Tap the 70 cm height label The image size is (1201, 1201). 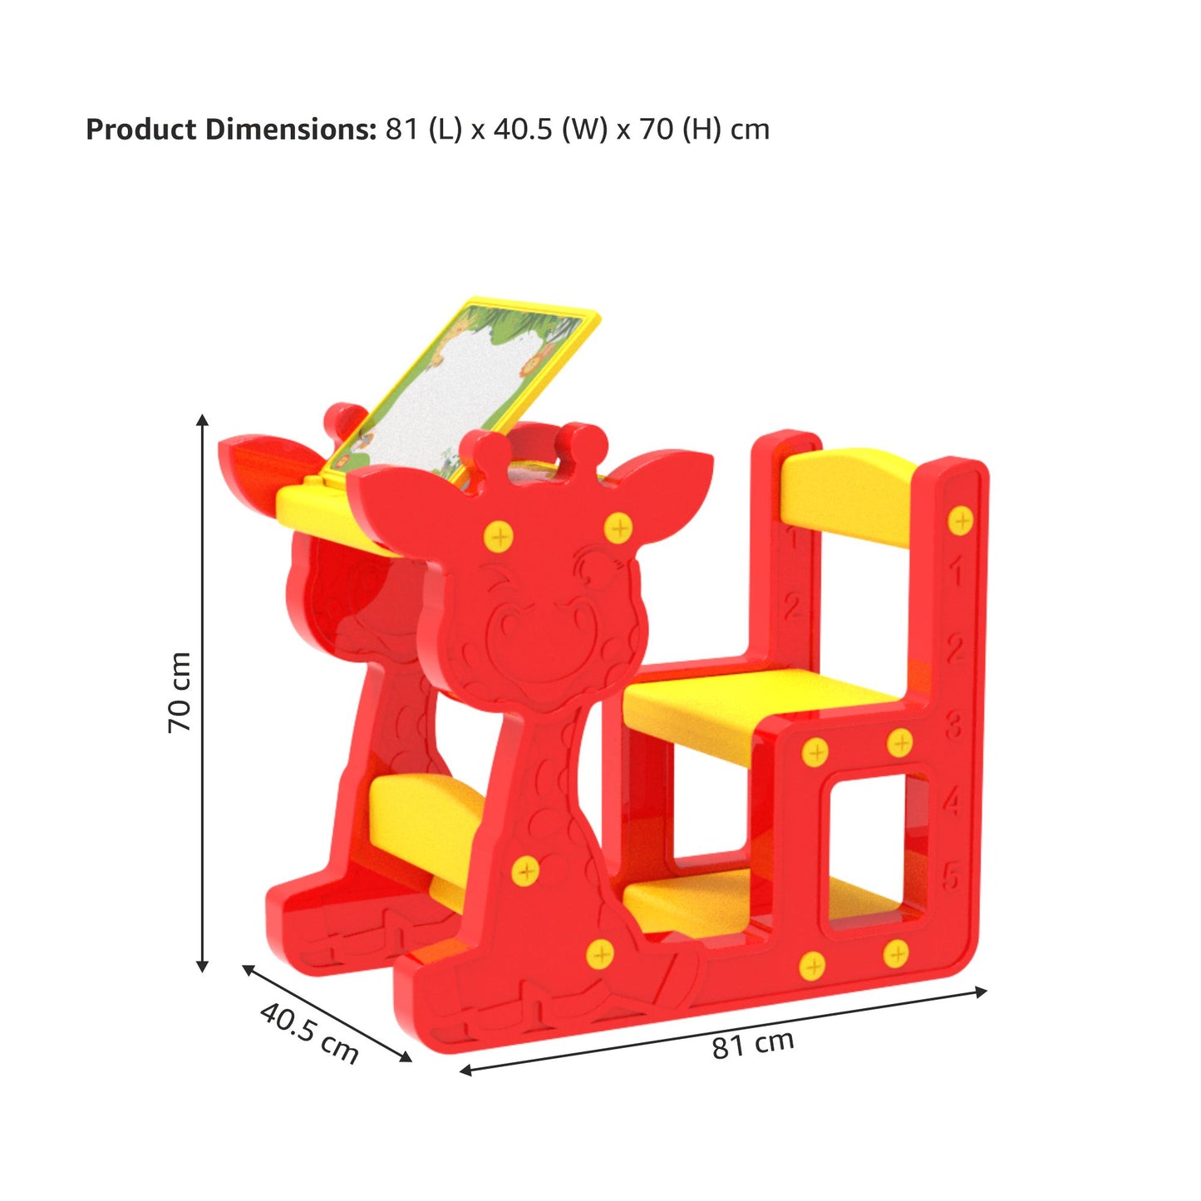coord(180,692)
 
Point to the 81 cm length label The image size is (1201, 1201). coord(753,1045)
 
